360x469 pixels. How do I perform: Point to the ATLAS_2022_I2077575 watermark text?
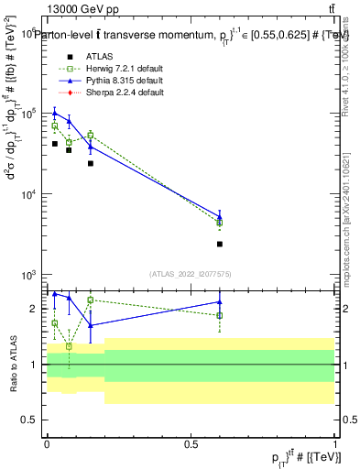click(191, 273)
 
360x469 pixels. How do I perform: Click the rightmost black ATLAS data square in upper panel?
click(220, 244)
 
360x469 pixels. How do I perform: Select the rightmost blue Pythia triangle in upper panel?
click(220, 217)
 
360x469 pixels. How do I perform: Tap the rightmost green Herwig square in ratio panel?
click(220, 315)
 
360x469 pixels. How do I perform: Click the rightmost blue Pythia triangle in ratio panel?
click(220, 301)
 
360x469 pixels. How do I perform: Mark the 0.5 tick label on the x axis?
click(191, 443)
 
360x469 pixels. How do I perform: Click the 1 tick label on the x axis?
click(335, 443)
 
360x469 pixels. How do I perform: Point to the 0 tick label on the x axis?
click(47, 443)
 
